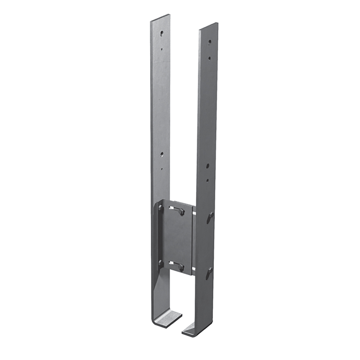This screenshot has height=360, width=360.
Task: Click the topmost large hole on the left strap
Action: pos(162,33)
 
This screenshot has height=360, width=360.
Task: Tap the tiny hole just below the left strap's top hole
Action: pos(162,49)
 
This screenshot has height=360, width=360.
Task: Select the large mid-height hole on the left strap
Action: pos(162,154)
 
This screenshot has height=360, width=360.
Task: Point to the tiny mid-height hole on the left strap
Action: pos(162,169)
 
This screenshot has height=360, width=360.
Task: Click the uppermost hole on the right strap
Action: pos(210,42)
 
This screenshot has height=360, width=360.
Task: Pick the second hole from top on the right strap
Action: pos(210,58)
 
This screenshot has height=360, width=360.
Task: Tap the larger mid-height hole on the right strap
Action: pos(208,166)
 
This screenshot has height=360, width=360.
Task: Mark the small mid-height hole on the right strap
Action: pos(207,180)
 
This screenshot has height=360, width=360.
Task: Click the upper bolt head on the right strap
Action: pos(210,216)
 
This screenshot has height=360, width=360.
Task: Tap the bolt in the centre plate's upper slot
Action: pos(182,211)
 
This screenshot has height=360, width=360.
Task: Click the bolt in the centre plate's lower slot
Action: pos(181,267)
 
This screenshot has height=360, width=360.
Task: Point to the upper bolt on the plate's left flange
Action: pos(161,208)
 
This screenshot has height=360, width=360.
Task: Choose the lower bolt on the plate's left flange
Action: pos(161,263)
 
